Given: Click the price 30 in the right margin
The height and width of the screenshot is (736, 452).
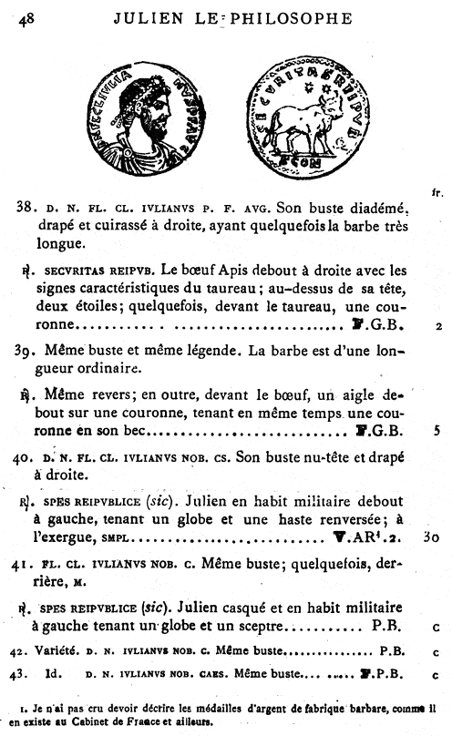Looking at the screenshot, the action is click(432, 537).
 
